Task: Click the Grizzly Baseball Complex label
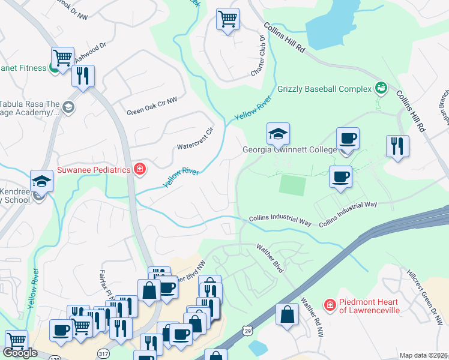pos(324,89)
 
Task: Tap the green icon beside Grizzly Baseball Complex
pos(380,89)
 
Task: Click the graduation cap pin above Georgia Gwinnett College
pos(279,134)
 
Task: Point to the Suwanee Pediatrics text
pos(94,170)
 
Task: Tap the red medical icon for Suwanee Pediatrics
pos(140,170)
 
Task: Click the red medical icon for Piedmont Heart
pos(330,305)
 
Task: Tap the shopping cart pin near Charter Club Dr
pos(228,20)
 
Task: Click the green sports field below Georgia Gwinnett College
pos(293,185)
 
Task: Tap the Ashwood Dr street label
pos(91,47)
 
